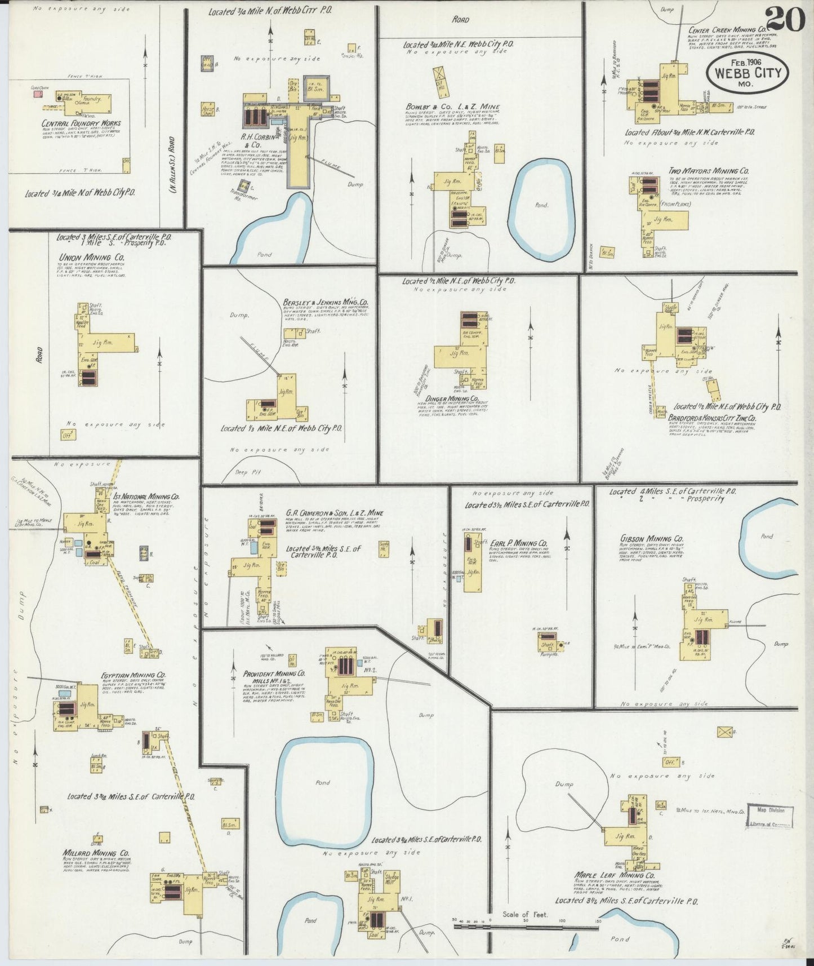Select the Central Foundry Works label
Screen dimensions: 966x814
pyautogui.click(x=81, y=123)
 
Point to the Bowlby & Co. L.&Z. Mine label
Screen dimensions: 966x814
pyautogui.click(x=452, y=107)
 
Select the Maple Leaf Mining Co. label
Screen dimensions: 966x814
pyautogui.click(x=614, y=891)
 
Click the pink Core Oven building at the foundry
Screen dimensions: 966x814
pyautogui.click(x=37, y=94)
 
